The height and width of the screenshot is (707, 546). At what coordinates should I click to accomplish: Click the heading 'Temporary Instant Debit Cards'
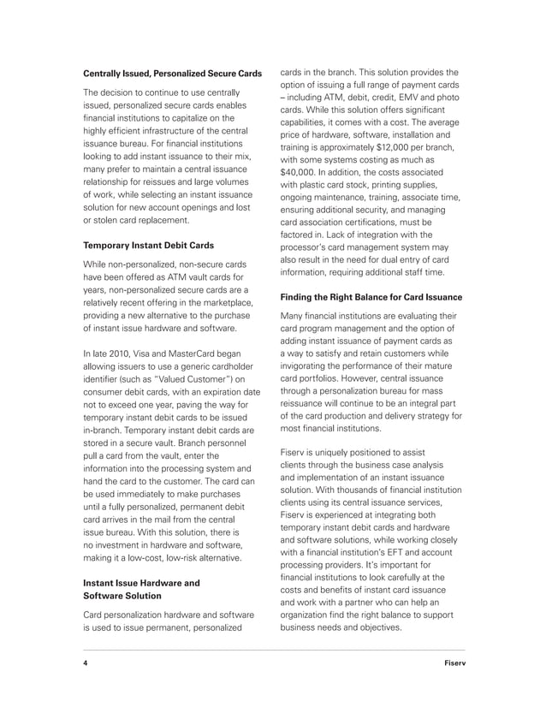[148, 245]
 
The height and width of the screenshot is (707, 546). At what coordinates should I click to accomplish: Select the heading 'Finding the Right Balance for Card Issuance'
[371, 297]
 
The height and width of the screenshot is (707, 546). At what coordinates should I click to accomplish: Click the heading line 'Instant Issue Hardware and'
[141, 583]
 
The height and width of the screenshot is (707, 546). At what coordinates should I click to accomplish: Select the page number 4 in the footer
[85, 664]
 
